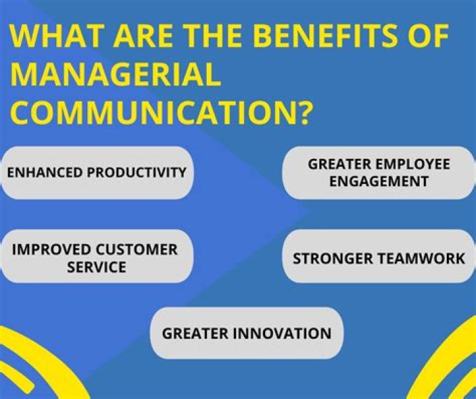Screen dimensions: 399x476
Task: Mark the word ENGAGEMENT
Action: coord(379,181)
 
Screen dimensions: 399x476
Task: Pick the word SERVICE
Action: coord(97,267)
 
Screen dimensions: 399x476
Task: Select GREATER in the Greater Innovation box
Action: coord(194,333)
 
